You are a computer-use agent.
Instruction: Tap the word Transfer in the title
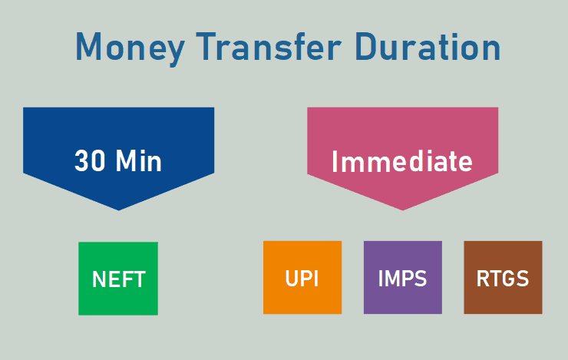click(269, 46)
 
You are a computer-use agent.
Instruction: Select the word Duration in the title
click(428, 47)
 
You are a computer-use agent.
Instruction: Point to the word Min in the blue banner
click(139, 160)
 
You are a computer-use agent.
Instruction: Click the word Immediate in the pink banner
click(402, 161)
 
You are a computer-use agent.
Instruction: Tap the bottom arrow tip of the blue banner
click(118, 210)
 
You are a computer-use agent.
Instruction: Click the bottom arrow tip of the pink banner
click(402, 210)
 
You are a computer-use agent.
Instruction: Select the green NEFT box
click(118, 279)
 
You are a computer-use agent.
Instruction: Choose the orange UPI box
click(302, 277)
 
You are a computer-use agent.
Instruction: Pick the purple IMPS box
click(403, 277)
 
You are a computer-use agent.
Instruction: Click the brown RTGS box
click(504, 277)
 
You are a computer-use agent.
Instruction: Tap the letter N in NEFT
click(99, 279)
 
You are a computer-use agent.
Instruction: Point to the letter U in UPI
click(292, 279)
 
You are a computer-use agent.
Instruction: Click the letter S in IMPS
click(421, 279)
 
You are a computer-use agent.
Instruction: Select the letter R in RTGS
click(483, 279)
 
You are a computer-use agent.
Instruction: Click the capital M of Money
click(88, 46)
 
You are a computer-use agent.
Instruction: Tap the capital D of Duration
click(367, 47)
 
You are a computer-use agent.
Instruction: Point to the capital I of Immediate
click(335, 161)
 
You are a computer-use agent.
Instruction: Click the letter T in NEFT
click(140, 279)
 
